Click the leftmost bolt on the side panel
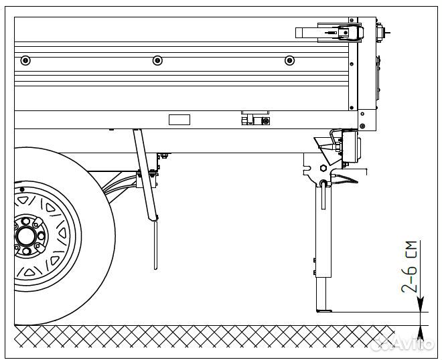coord(25,60)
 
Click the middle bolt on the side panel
coord(157,60)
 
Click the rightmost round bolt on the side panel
coord(289,60)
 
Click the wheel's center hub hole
coord(27,236)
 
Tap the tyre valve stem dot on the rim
coord(23,199)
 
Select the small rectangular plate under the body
coord(179,120)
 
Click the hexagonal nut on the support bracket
coord(323,168)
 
